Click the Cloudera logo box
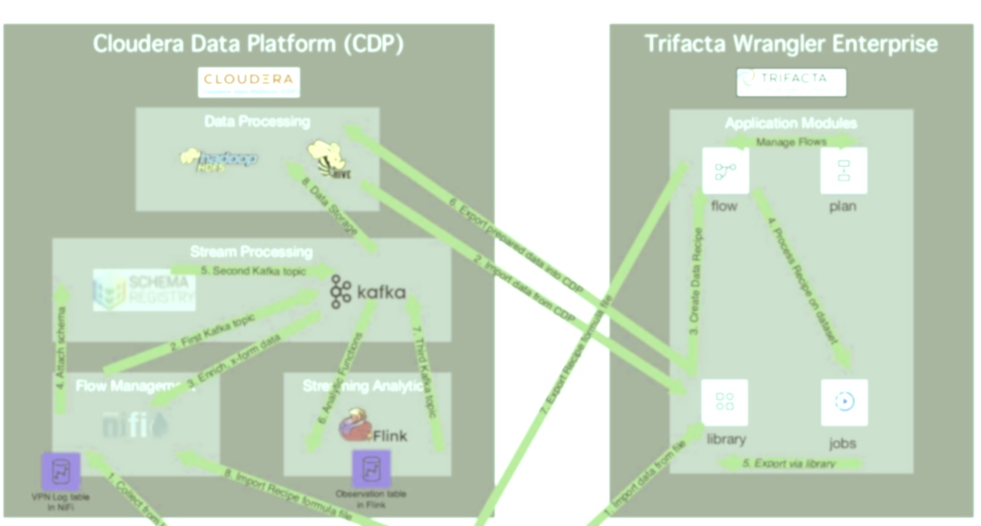click(249, 82)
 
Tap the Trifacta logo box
click(791, 82)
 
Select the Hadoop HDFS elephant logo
click(219, 159)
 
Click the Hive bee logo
click(330, 159)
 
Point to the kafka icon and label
click(367, 291)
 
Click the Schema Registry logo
click(144, 290)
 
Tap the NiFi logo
click(134, 425)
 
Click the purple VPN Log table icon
click(61, 472)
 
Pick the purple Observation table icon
click(371, 469)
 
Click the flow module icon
click(725, 171)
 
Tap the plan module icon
click(844, 171)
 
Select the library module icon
click(724, 402)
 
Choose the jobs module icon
click(844, 402)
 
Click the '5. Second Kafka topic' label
click(253, 271)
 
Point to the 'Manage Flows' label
click(791, 142)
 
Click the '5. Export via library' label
click(789, 463)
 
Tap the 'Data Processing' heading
click(257, 121)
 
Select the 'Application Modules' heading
click(790, 122)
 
